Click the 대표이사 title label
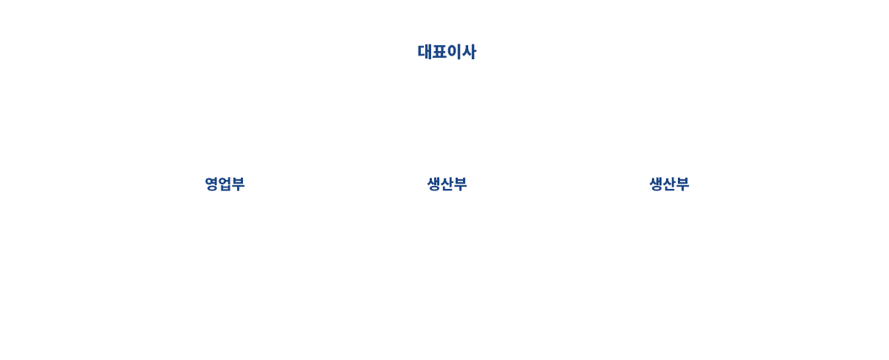(x=447, y=52)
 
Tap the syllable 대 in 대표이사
(x=424, y=52)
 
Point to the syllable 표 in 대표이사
(x=439, y=52)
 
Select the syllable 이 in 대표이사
(x=453, y=52)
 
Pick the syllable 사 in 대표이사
(x=469, y=52)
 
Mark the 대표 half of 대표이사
(x=431, y=52)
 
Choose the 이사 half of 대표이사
(x=461, y=52)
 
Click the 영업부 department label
(x=224, y=184)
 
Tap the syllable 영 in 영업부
(x=212, y=184)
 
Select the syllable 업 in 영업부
(x=224, y=184)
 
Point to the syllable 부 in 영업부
(x=238, y=184)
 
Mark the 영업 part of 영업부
(x=218, y=184)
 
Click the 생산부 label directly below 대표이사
(x=447, y=184)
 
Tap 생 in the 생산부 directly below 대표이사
(x=434, y=184)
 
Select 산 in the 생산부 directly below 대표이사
(x=447, y=184)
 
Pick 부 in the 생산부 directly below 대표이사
(x=460, y=184)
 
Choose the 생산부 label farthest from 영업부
(x=669, y=184)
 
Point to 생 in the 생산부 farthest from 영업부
(x=656, y=184)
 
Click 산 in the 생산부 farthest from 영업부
(x=669, y=184)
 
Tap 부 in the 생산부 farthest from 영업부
(x=682, y=184)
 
